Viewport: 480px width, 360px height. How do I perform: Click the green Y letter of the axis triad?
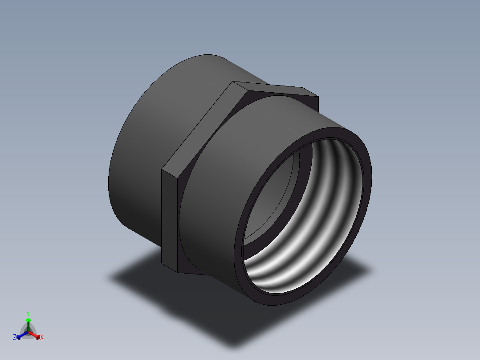[x=28, y=313]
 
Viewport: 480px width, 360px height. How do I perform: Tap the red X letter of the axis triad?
[x=42, y=338]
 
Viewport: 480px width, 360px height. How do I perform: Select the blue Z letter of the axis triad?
[x=15, y=338]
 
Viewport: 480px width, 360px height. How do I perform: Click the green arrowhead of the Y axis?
[x=28, y=320]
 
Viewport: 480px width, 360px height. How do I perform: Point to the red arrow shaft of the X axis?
[x=35, y=335]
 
